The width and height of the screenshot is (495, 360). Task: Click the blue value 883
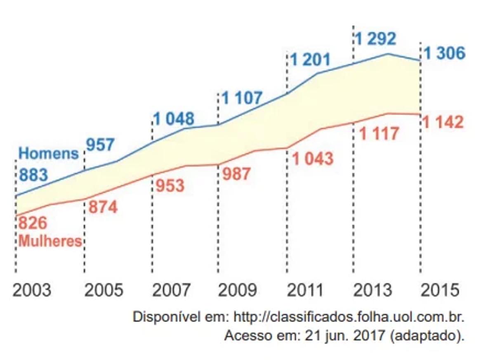(x=33, y=175)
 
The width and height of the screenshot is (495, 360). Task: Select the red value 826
(x=33, y=223)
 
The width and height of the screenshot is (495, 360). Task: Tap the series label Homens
(x=49, y=154)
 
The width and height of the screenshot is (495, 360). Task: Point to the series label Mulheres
(x=50, y=241)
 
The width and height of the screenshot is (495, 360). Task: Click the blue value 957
(x=100, y=145)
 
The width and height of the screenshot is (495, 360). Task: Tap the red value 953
(x=170, y=186)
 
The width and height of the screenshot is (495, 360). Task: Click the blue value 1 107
(x=242, y=98)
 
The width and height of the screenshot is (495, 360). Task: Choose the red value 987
(x=236, y=174)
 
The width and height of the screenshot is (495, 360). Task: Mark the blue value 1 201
(x=310, y=60)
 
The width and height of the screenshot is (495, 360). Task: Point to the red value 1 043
(x=313, y=159)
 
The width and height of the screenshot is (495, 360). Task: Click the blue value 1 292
(x=375, y=39)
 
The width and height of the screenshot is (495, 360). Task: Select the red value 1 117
(x=379, y=134)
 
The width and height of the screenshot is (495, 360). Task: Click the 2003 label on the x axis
(x=32, y=290)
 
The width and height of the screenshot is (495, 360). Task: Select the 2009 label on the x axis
(x=237, y=290)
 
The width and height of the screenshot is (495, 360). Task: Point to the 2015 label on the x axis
(x=440, y=290)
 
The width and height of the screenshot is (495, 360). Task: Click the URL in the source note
(x=349, y=317)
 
